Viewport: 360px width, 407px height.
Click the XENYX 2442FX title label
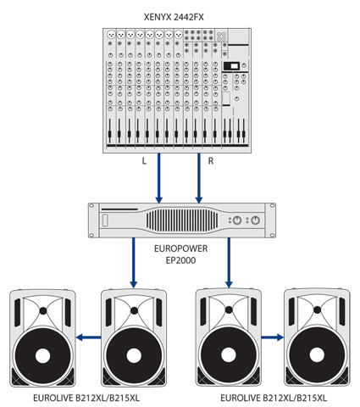click(174, 17)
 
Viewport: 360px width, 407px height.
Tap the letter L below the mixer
click(144, 161)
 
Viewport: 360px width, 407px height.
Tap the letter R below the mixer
click(211, 161)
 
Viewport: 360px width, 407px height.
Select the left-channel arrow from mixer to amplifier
click(159, 178)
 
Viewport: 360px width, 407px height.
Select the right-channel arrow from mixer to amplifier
click(199, 178)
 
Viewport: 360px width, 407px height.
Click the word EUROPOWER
click(180, 248)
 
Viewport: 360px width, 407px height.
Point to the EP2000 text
click(180, 260)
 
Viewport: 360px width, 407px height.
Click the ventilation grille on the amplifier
click(182, 220)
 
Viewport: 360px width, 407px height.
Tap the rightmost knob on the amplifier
click(255, 220)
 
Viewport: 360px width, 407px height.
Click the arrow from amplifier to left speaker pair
click(134, 263)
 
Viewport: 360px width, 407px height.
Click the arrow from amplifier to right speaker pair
click(229, 263)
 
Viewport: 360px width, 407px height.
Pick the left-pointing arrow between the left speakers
click(88, 337)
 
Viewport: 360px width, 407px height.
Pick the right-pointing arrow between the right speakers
click(272, 337)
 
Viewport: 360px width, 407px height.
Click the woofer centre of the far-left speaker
click(42, 355)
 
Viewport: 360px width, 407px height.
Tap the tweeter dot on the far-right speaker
click(317, 310)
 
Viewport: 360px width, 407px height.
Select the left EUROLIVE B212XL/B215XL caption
click(86, 399)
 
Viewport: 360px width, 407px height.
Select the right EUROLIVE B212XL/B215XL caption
click(274, 399)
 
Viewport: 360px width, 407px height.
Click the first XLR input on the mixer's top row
click(111, 35)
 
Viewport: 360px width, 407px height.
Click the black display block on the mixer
click(231, 66)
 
